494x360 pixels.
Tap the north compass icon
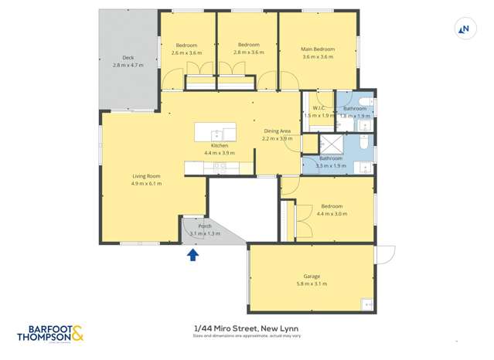[464, 29]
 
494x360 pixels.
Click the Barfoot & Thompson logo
[49, 334]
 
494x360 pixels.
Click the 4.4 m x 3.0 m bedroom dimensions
[332, 213]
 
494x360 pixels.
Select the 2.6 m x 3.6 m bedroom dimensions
[186, 53]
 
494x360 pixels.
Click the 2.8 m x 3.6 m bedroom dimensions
[248, 53]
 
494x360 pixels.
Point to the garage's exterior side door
[384, 254]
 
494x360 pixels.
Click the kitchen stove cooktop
[220, 166]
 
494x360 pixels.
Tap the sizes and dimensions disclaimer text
[247, 336]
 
